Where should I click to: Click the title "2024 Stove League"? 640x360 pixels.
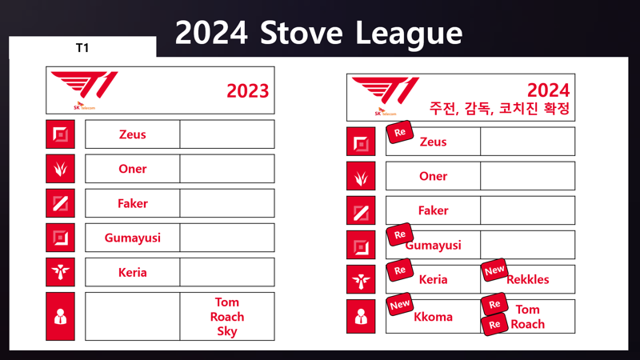318,34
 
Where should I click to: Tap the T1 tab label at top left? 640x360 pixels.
82,48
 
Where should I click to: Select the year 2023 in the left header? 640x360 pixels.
248,90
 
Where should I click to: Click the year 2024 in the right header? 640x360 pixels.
548,90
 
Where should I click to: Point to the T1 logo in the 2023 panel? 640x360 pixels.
85,90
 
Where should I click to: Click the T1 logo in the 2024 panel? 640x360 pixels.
386,96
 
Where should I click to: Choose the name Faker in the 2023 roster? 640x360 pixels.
133,203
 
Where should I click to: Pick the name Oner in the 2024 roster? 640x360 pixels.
433,176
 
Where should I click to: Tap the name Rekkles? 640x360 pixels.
528,279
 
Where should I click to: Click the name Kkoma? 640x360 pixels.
433,317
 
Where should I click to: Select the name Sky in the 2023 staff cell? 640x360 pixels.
227,331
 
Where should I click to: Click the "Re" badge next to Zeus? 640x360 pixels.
399,132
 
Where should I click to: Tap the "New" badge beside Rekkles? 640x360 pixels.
494,270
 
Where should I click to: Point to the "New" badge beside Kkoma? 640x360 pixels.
399,305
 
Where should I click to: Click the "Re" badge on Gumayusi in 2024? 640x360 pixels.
399,234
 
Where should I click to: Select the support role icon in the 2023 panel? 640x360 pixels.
61,272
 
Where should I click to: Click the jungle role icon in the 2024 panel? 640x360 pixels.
361,176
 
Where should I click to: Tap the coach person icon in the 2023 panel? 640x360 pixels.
61,316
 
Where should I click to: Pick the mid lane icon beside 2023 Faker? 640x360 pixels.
61,203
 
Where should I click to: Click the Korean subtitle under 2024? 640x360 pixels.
499,109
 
